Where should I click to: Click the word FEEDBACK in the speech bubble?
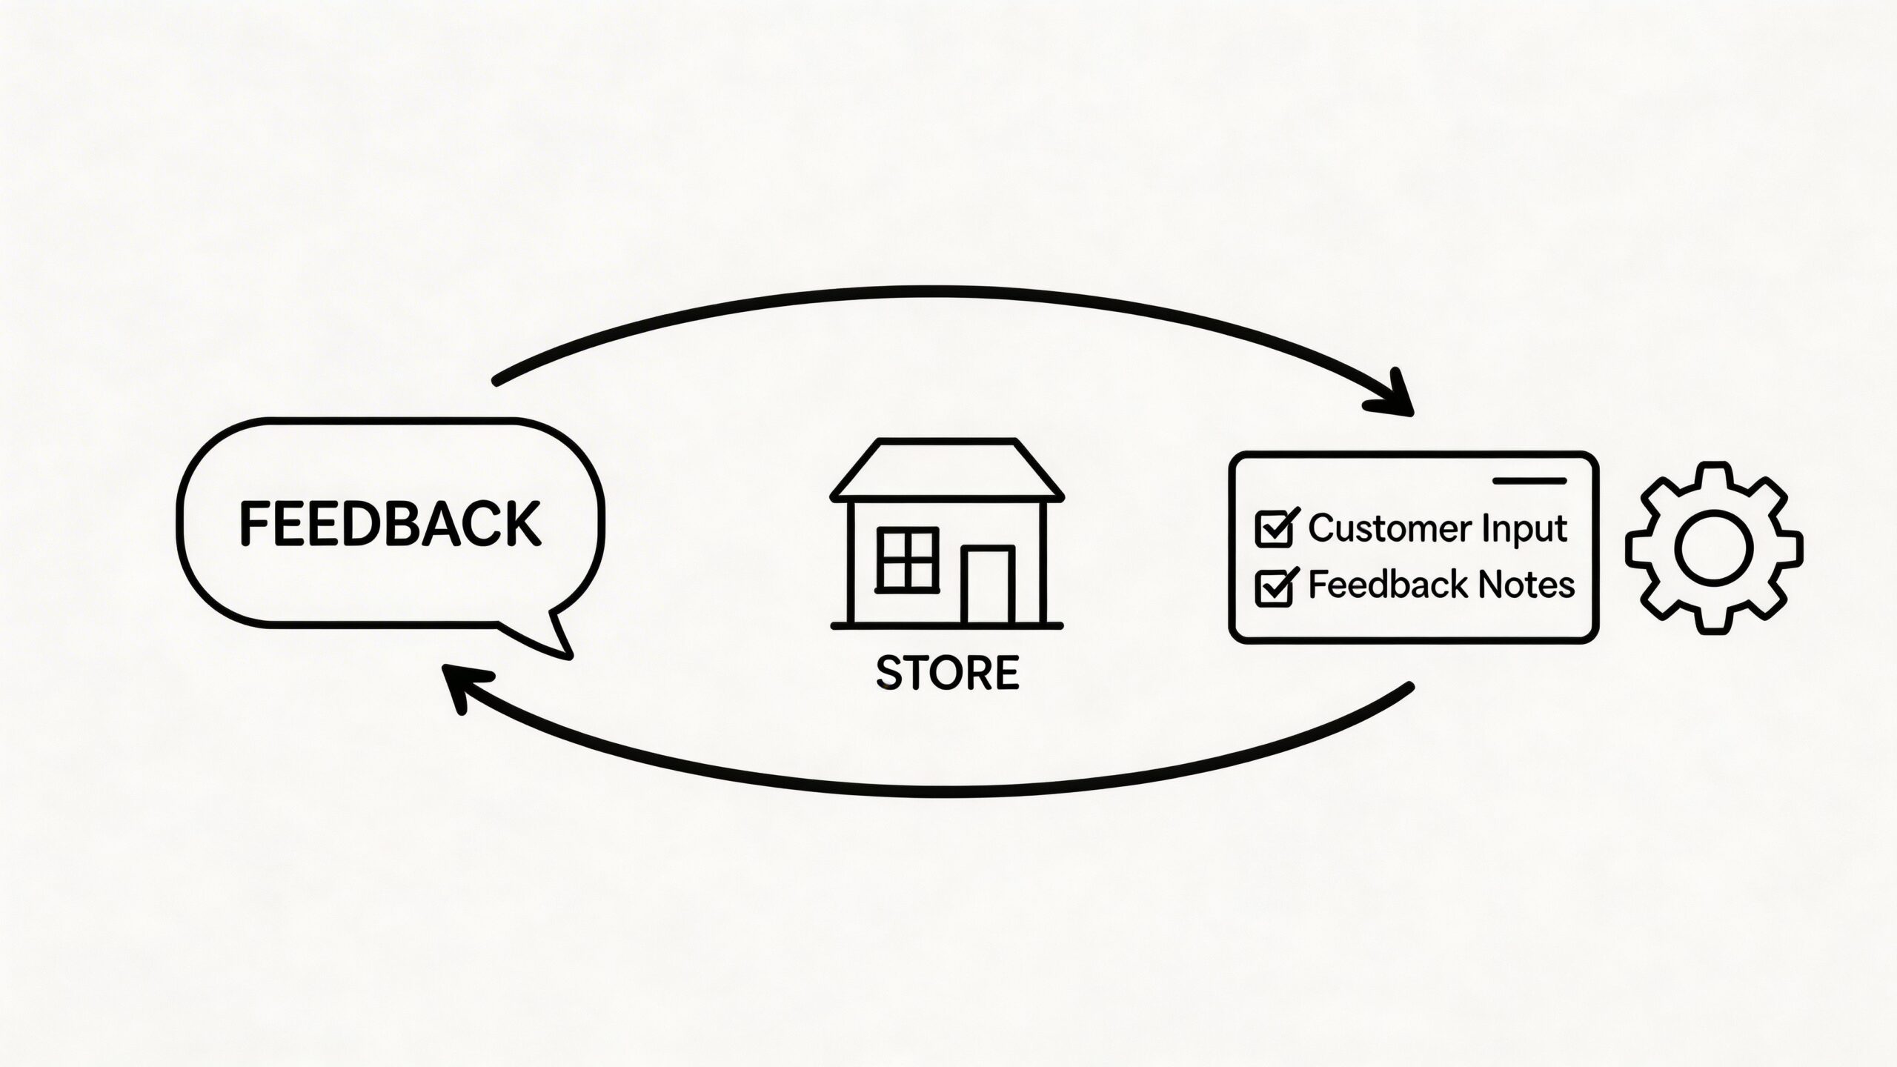[x=390, y=524]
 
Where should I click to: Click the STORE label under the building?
[x=947, y=673]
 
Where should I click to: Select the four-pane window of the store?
[x=907, y=559]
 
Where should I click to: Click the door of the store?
[x=988, y=585]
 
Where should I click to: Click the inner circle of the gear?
[x=1714, y=548]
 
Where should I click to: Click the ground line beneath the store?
[x=947, y=626]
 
